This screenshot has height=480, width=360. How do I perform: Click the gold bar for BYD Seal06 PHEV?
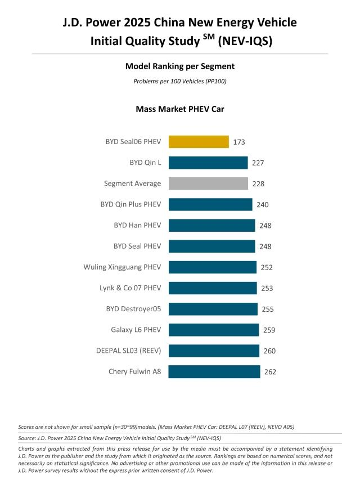click(x=199, y=142)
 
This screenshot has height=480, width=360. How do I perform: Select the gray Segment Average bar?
click(x=208, y=183)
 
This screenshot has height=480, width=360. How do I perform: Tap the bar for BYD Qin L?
click(x=208, y=163)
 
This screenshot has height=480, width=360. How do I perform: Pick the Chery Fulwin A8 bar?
click(x=214, y=371)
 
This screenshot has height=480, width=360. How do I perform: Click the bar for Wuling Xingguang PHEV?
click(x=213, y=267)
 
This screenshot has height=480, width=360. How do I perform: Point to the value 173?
click(x=239, y=142)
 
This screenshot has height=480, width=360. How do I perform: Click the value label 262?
click(x=270, y=372)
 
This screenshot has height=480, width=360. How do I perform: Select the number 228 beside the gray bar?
click(x=258, y=184)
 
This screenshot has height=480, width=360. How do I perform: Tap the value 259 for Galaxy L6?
click(x=269, y=330)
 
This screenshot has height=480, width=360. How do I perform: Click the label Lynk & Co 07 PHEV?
click(x=130, y=288)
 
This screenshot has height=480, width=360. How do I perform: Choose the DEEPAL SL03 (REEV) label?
click(x=128, y=351)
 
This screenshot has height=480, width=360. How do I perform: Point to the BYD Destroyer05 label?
click(x=133, y=309)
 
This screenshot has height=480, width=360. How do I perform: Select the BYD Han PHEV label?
click(x=137, y=225)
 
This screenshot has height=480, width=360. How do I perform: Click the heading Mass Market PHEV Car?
click(x=180, y=109)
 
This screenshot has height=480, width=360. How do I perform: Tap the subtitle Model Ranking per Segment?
click(x=180, y=66)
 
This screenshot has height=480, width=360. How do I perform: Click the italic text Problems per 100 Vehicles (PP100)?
click(x=180, y=81)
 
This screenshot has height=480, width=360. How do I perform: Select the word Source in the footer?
click(x=28, y=437)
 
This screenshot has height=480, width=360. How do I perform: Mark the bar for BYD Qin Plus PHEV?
click(x=210, y=204)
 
